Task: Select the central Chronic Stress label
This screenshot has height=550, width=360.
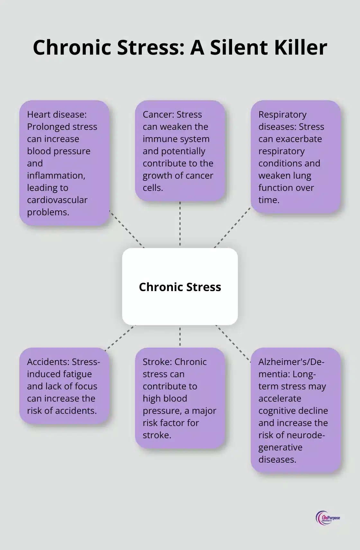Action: click(x=180, y=287)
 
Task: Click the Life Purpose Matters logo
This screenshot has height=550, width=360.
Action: click(x=328, y=518)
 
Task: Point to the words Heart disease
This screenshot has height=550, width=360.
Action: click(x=57, y=114)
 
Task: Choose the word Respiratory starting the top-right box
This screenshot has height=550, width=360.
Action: click(x=283, y=114)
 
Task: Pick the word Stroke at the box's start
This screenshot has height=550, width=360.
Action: click(x=157, y=362)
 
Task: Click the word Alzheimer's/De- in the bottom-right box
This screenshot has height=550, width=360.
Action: click(x=291, y=362)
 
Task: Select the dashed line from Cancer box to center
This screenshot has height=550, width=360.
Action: click(x=180, y=224)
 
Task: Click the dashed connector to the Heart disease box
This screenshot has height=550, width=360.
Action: click(x=127, y=229)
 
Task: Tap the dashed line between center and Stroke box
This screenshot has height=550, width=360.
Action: click(x=180, y=336)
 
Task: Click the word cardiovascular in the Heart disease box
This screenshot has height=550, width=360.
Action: click(x=57, y=200)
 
